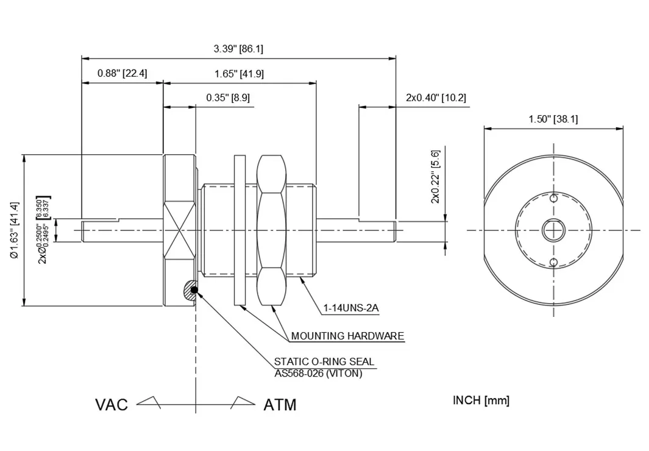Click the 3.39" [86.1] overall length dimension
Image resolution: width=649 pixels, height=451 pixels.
[238, 49]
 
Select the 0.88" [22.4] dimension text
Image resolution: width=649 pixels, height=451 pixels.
[122, 74]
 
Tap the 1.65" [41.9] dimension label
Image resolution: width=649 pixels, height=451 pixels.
[239, 74]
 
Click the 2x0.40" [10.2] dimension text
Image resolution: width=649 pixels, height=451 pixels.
[436, 98]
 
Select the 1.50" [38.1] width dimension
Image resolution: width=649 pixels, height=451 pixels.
[553, 119]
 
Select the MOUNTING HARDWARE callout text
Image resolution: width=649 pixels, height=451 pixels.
[347, 336]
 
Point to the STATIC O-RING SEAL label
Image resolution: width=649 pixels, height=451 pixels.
[324, 361]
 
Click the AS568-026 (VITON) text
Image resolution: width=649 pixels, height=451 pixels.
[318, 373]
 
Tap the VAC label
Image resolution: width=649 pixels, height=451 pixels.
[112, 405]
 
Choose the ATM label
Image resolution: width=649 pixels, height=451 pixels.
[280, 405]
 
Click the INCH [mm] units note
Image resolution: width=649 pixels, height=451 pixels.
[481, 400]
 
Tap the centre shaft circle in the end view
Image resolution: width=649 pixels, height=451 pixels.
[553, 230]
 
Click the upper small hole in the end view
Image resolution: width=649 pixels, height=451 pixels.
[553, 198]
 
